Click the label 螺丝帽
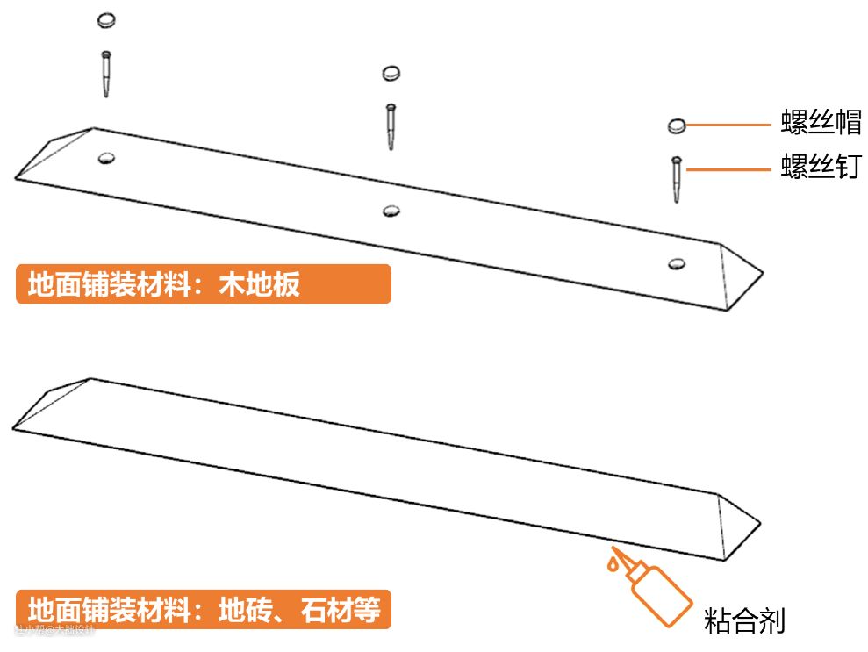tap(821, 123)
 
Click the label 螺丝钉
tap(821, 166)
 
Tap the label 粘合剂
tap(744, 621)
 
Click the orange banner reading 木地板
tap(203, 284)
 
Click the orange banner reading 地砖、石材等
tap(203, 609)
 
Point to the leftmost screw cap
tap(106, 19)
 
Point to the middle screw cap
tap(391, 73)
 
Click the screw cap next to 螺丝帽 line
tap(676, 126)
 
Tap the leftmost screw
tap(106, 75)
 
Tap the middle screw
tap(391, 126)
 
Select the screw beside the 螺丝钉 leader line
tap(676, 179)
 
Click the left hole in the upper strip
tap(107, 159)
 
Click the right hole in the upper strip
tap(676, 263)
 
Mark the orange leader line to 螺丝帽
tap(728, 125)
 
